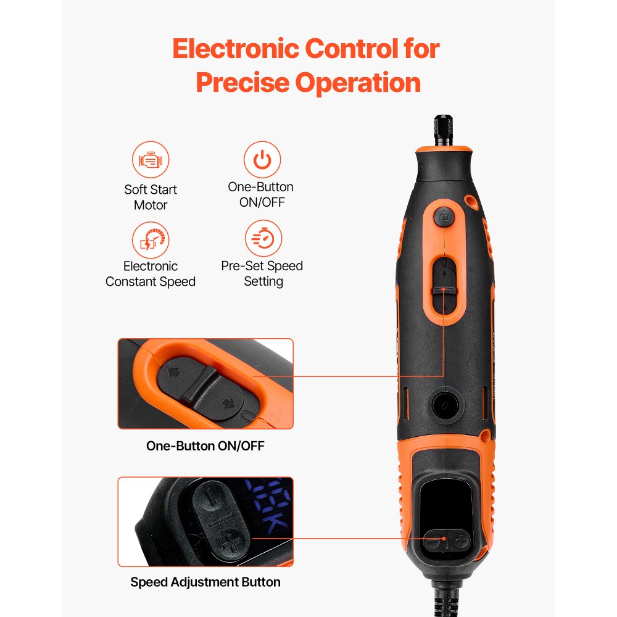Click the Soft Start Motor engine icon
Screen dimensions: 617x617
pyautogui.click(x=151, y=160)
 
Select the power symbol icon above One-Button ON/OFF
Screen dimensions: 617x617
pyautogui.click(x=263, y=160)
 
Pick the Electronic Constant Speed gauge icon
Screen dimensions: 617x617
pyautogui.click(x=151, y=241)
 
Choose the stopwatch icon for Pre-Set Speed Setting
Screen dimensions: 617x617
pyautogui.click(x=263, y=239)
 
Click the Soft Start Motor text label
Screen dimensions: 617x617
pyautogui.click(x=151, y=197)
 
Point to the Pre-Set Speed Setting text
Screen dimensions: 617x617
pyautogui.click(x=262, y=273)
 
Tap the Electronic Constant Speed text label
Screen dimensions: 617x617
pyautogui.click(x=151, y=274)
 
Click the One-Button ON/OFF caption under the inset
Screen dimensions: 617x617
pyautogui.click(x=205, y=445)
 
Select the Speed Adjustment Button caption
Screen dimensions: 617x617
pyautogui.click(x=205, y=582)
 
